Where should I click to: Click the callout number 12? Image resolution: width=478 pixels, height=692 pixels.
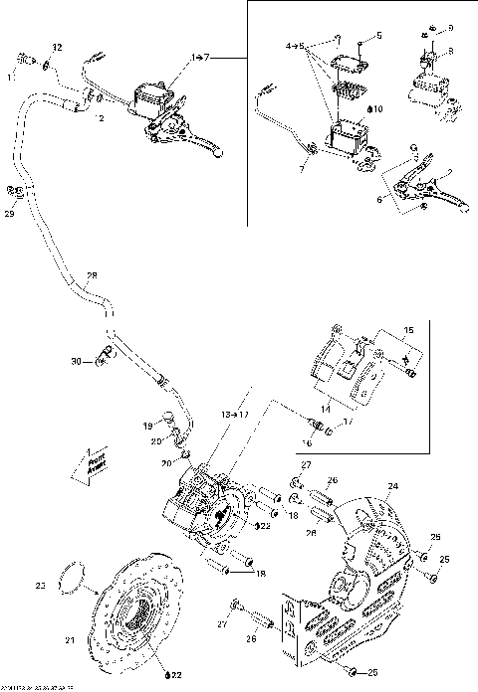57,47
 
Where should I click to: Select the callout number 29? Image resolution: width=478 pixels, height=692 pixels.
10,213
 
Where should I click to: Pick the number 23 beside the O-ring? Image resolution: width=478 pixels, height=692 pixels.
41,586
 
